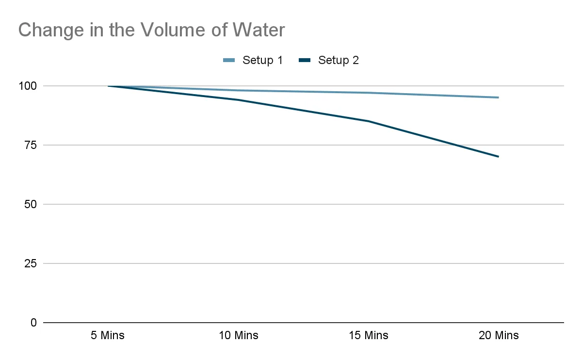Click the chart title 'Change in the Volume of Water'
pos(151,31)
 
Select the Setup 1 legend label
pos(262,61)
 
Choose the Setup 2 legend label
pos(338,61)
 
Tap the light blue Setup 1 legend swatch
pos(229,61)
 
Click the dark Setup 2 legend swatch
pos(305,61)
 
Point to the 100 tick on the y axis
pos(28,86)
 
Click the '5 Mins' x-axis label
pos(108,335)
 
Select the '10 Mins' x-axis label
pos(238,335)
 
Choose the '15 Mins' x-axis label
pos(368,335)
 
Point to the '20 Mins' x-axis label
pos(499,335)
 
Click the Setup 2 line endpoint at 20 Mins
pos(498,157)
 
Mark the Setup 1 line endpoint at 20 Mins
pos(498,98)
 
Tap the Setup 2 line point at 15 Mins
pos(368,121)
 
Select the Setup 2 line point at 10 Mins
pos(238,100)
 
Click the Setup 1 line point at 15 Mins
pos(368,93)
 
